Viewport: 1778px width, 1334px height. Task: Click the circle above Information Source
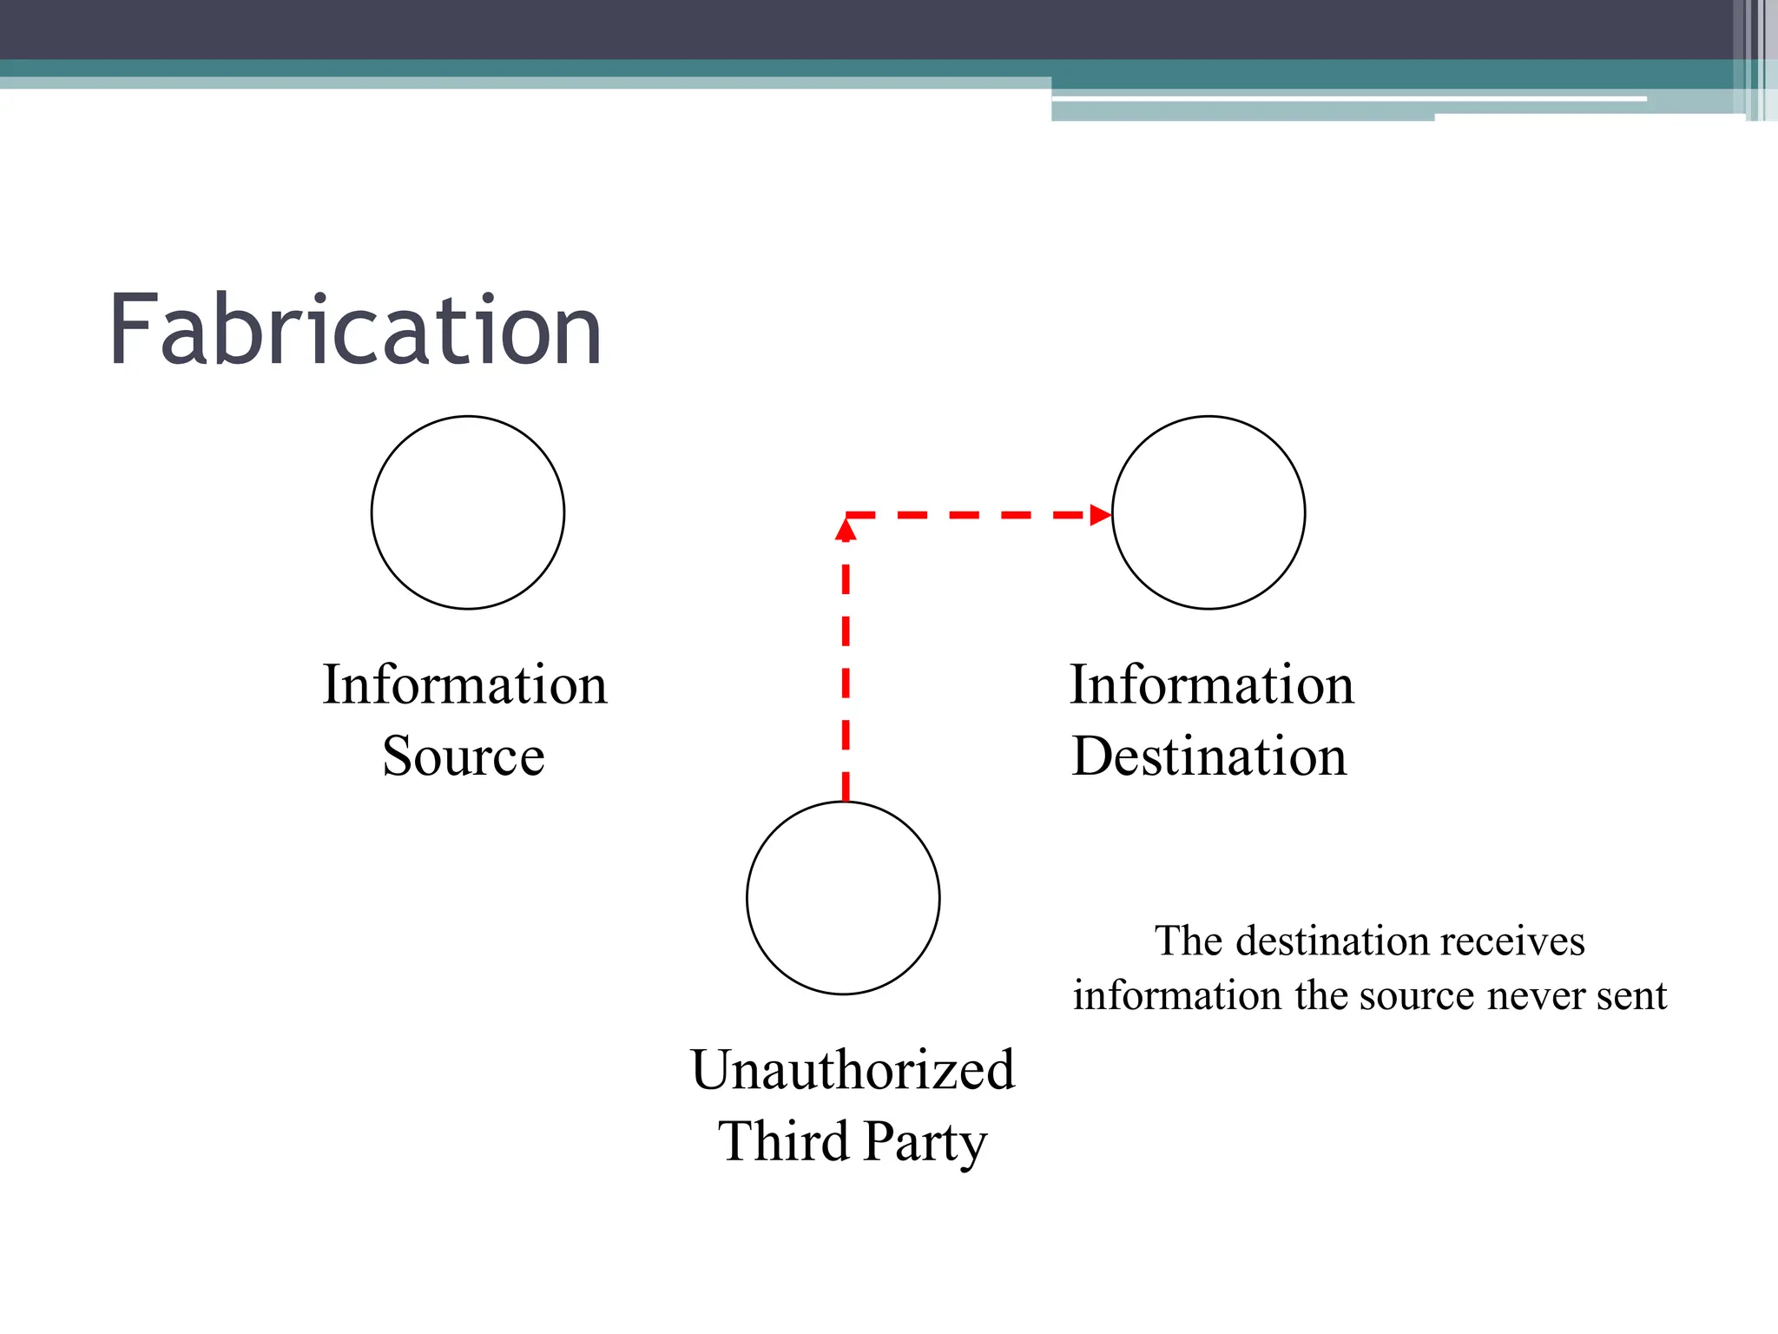[468, 512]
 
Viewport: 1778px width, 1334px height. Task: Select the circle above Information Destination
[1208, 512]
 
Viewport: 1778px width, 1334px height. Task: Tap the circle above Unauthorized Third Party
[843, 898]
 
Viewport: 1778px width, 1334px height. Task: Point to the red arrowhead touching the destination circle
[1101, 515]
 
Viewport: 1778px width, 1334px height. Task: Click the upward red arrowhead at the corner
[846, 529]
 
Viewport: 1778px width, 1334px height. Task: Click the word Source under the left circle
[464, 756]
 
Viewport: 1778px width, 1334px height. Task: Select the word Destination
[1209, 756]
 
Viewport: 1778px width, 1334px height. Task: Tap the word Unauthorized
[853, 1069]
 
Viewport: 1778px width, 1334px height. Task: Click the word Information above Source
[464, 684]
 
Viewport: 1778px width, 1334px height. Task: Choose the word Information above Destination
[1212, 684]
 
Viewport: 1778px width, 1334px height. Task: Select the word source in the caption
[1416, 995]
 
